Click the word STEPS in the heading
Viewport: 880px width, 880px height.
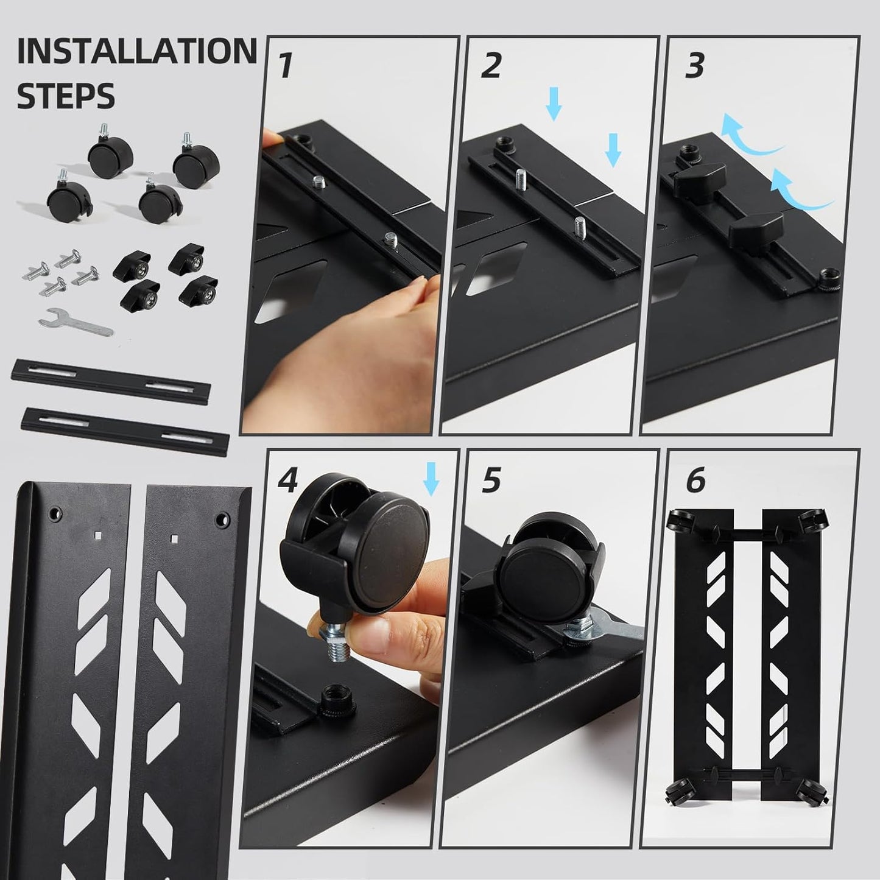[66, 96]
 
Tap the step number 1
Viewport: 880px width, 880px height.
[285, 66]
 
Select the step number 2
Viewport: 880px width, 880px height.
[491, 66]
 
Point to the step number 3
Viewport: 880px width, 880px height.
[695, 66]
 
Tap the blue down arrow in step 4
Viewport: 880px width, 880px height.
[431, 478]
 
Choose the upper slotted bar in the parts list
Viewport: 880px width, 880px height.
[111, 378]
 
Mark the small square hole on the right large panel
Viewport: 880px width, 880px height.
[175, 538]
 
